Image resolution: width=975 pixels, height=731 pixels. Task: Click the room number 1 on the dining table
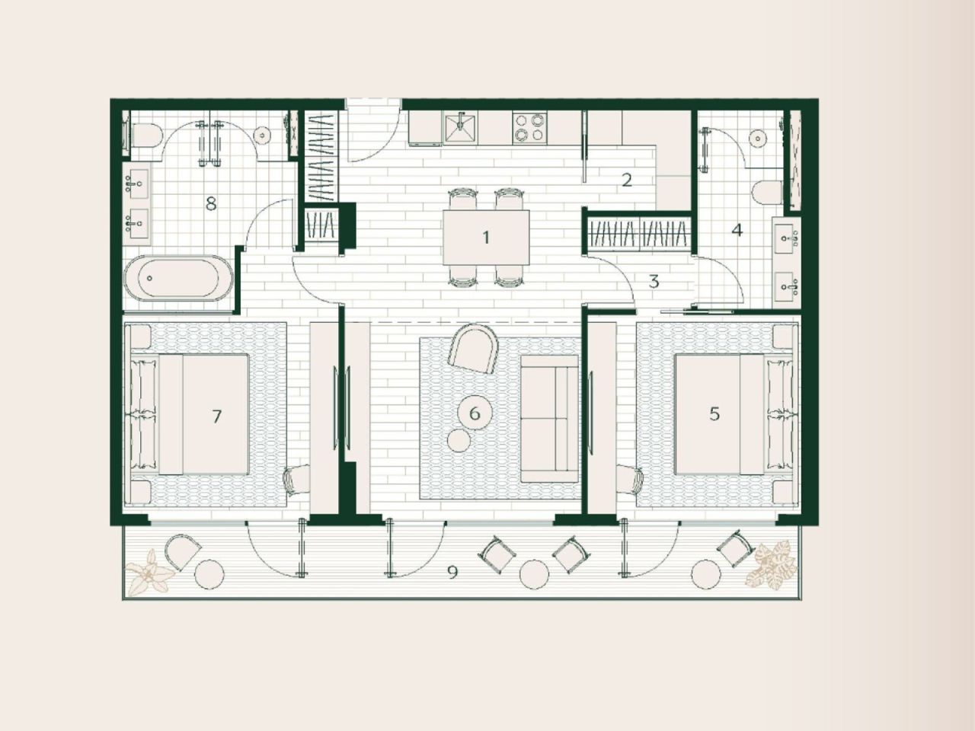486,238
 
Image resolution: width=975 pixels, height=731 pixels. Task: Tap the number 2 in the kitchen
627,180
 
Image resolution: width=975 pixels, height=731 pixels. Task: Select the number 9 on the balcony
452,572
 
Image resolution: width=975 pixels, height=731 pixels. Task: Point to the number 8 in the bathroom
211,203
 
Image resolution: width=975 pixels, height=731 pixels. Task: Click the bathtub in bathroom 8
180,277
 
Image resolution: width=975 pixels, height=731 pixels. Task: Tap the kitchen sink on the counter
460,127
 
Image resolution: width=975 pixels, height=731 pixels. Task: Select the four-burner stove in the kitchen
529,127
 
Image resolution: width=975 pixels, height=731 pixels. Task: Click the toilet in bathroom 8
146,136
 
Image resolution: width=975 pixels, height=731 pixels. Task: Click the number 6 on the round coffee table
475,413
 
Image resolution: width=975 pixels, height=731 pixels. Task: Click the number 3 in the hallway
654,281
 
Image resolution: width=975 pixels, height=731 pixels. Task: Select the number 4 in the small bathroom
737,229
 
